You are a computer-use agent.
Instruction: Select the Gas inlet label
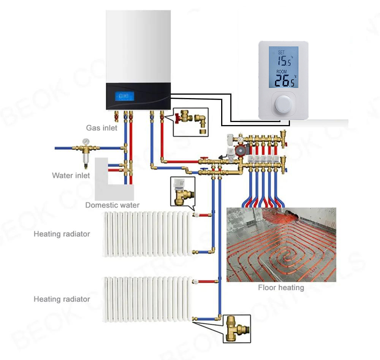(x=101, y=128)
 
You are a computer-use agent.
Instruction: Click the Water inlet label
(x=71, y=176)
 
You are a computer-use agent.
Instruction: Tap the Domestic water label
(x=112, y=205)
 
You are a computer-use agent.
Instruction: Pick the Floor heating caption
(x=281, y=288)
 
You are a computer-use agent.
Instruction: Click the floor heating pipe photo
(x=281, y=244)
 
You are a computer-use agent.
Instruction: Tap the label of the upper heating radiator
(x=62, y=234)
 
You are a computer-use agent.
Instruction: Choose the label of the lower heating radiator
(x=62, y=300)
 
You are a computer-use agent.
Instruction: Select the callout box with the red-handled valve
(x=191, y=122)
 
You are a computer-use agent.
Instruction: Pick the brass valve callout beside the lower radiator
(x=237, y=328)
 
